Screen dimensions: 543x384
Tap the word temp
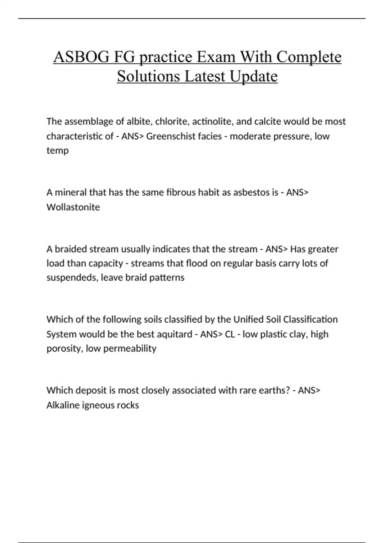pyautogui.click(x=58, y=150)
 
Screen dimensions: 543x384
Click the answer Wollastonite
pyautogui.click(x=73, y=207)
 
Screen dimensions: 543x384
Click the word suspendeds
pyautogui.click(x=72, y=278)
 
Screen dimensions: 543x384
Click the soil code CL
pyautogui.click(x=230, y=334)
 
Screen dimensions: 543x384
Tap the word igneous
pyautogui.click(x=98, y=405)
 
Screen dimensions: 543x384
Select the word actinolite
pyautogui.click(x=211, y=121)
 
